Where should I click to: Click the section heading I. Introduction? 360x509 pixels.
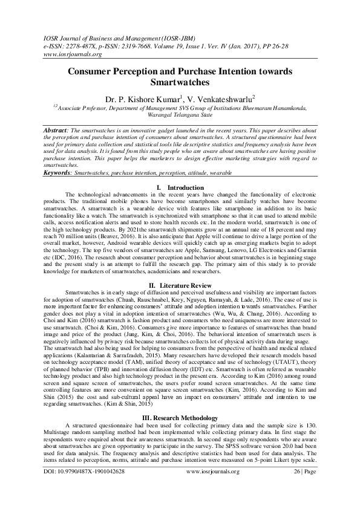(x=180, y=188)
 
